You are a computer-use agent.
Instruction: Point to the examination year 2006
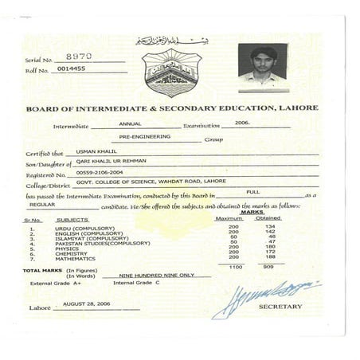(x=242, y=124)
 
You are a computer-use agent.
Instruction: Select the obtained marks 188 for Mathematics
(x=269, y=256)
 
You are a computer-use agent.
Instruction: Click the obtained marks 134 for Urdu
(x=269, y=226)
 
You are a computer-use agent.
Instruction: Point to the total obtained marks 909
(x=269, y=268)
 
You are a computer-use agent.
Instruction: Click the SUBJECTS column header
(x=72, y=218)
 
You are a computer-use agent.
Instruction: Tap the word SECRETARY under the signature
(x=280, y=307)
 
